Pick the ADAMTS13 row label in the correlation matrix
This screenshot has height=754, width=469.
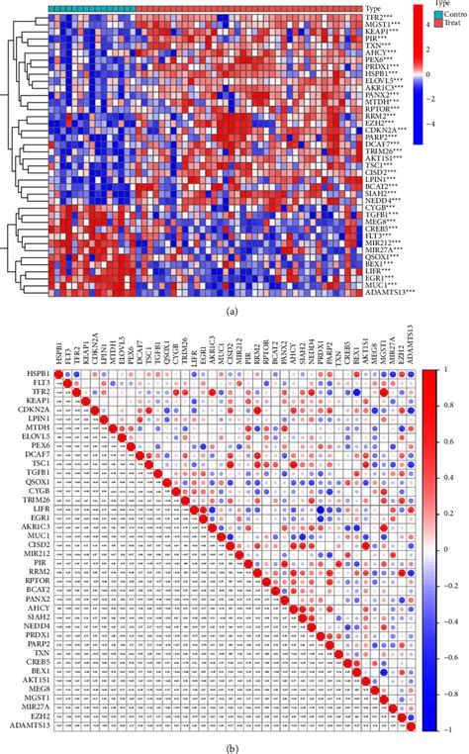pyautogui.click(x=32, y=720)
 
